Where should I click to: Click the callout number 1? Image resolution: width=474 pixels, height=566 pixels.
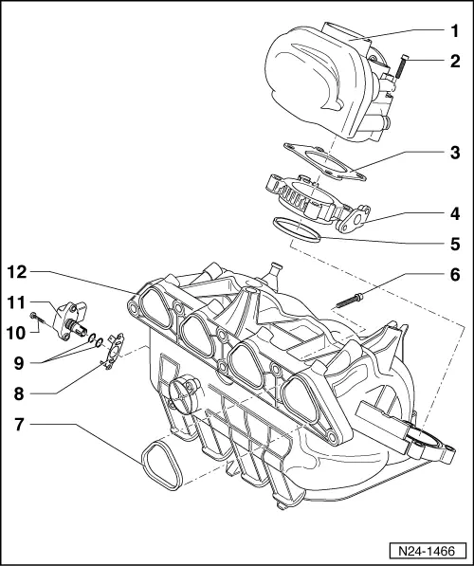click(x=453, y=29)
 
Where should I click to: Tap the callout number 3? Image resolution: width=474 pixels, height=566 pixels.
click(x=453, y=152)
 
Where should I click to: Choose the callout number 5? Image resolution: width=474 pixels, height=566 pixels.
click(x=453, y=242)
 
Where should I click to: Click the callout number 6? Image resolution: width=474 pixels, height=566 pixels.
click(x=453, y=276)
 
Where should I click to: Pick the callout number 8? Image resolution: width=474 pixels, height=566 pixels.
click(x=20, y=390)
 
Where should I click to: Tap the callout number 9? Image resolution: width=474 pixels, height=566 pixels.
click(x=20, y=360)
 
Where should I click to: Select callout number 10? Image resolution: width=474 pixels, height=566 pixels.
click(x=16, y=332)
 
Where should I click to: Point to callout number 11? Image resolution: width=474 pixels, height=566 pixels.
click(x=16, y=302)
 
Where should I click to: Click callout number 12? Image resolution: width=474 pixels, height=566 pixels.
click(x=16, y=272)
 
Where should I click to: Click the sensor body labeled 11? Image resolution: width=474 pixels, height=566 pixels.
click(x=73, y=315)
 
